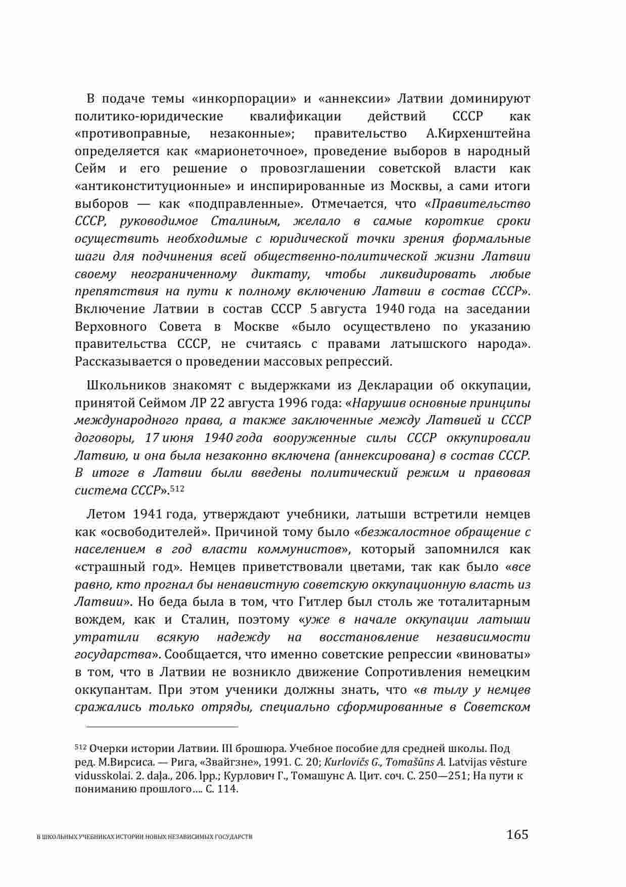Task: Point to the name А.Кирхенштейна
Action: pos(475,134)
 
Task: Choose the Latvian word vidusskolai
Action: pos(99,775)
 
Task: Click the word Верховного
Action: pos(111,327)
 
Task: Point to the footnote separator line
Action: pos(162,727)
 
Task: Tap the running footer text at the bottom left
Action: pos(145,837)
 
